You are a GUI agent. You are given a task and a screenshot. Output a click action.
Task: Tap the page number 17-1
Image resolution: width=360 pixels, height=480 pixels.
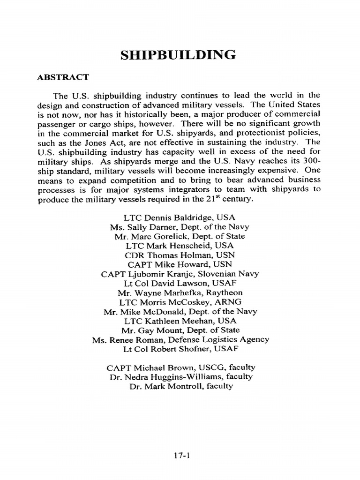[x=181, y=455]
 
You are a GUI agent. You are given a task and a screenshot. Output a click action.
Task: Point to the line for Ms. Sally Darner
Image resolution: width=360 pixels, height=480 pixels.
[x=180, y=227]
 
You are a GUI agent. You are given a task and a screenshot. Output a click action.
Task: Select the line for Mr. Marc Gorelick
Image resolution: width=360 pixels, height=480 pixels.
[x=180, y=236]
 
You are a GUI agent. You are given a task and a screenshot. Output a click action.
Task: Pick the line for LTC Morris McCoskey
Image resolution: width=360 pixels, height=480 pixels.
[x=180, y=302]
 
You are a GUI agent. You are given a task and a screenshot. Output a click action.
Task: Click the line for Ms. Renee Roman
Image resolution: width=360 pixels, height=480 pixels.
[x=180, y=339]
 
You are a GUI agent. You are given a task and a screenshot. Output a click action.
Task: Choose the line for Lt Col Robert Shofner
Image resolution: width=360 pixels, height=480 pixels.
[x=180, y=349]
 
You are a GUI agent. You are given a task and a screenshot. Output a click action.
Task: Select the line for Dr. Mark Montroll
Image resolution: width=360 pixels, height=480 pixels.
[x=180, y=386]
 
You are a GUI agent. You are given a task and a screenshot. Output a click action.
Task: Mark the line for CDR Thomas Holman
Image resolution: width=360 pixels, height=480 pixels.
[x=180, y=255]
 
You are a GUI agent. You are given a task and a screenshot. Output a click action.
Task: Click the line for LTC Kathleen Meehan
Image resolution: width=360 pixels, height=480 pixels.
[x=180, y=321]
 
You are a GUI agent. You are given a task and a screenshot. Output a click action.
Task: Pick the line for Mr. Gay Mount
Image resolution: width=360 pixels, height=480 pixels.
[x=180, y=330]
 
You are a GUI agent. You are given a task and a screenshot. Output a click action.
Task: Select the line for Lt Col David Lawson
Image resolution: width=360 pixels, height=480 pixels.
[x=180, y=283]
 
